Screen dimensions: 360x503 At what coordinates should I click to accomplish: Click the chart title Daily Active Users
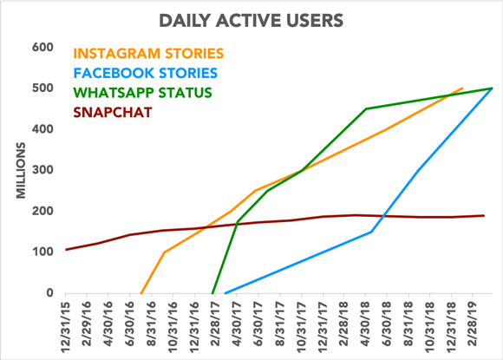pos(251,18)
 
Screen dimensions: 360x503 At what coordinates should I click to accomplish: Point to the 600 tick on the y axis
pos(43,47)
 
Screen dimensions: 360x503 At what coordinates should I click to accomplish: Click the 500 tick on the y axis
pos(43,88)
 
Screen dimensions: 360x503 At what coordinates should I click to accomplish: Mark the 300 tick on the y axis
pos(43,170)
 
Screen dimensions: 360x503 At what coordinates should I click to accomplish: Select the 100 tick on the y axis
pos(43,252)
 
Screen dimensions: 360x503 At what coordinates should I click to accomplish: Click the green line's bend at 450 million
pos(366,108)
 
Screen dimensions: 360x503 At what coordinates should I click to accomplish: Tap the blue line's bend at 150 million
pos(372,232)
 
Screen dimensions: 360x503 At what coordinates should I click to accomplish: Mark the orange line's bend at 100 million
pos(163,252)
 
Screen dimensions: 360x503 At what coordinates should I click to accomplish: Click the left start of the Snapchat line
pos(66,250)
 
